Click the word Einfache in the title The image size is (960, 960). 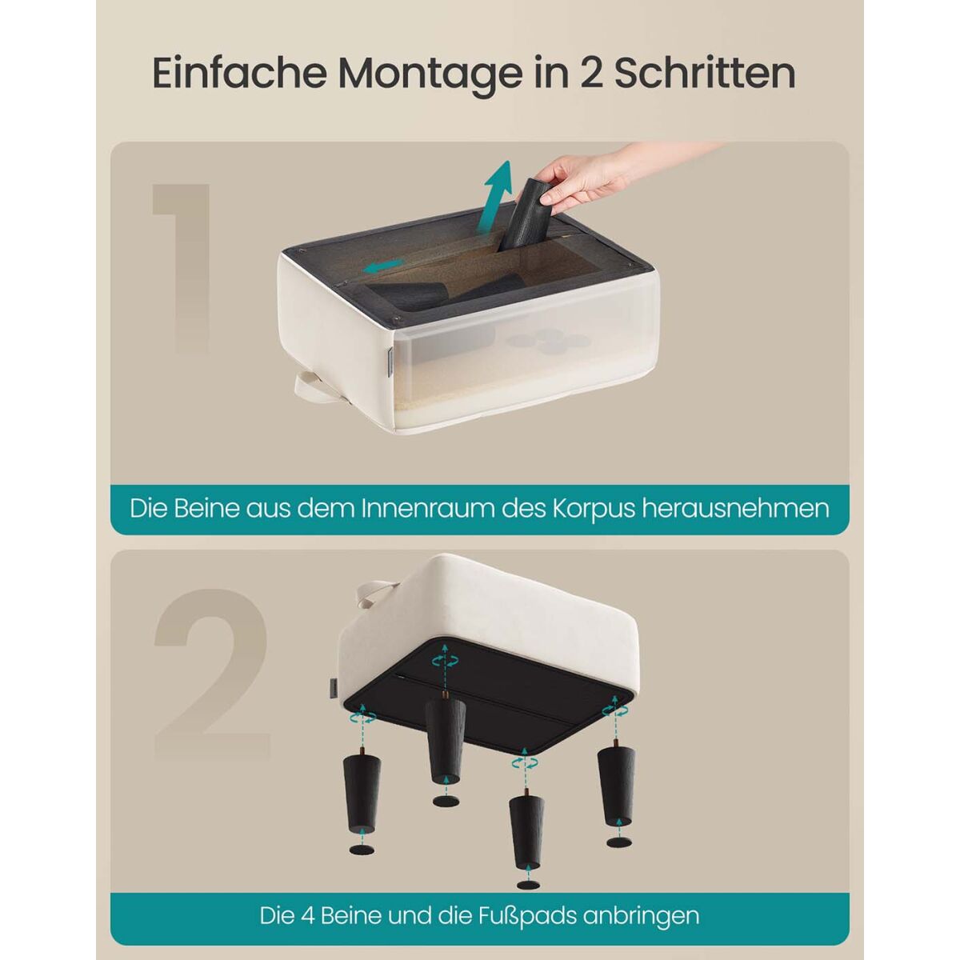(x=239, y=74)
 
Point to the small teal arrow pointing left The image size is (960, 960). (x=383, y=266)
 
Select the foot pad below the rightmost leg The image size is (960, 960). (x=619, y=842)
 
